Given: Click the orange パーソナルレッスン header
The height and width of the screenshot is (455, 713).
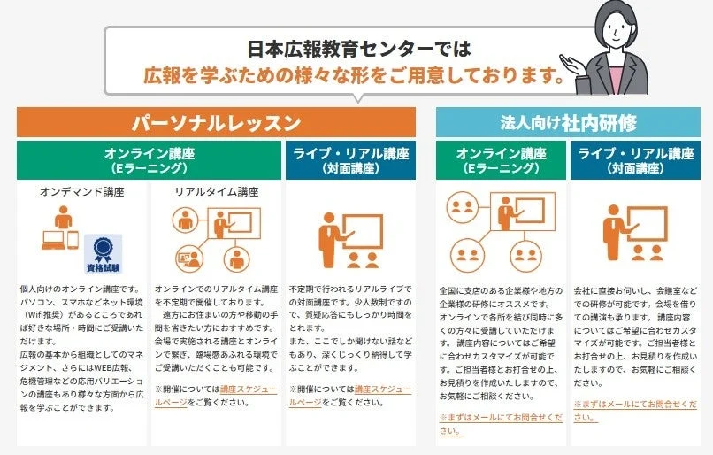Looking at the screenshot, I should tap(216, 122).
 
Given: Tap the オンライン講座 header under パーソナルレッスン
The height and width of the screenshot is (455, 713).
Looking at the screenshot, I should tap(149, 158).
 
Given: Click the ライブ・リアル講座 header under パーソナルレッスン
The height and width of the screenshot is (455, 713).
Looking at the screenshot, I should tap(350, 158).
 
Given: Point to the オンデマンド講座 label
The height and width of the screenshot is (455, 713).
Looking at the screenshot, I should tap(81, 191).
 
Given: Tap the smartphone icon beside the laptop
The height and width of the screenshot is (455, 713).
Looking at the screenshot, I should tap(73, 240).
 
